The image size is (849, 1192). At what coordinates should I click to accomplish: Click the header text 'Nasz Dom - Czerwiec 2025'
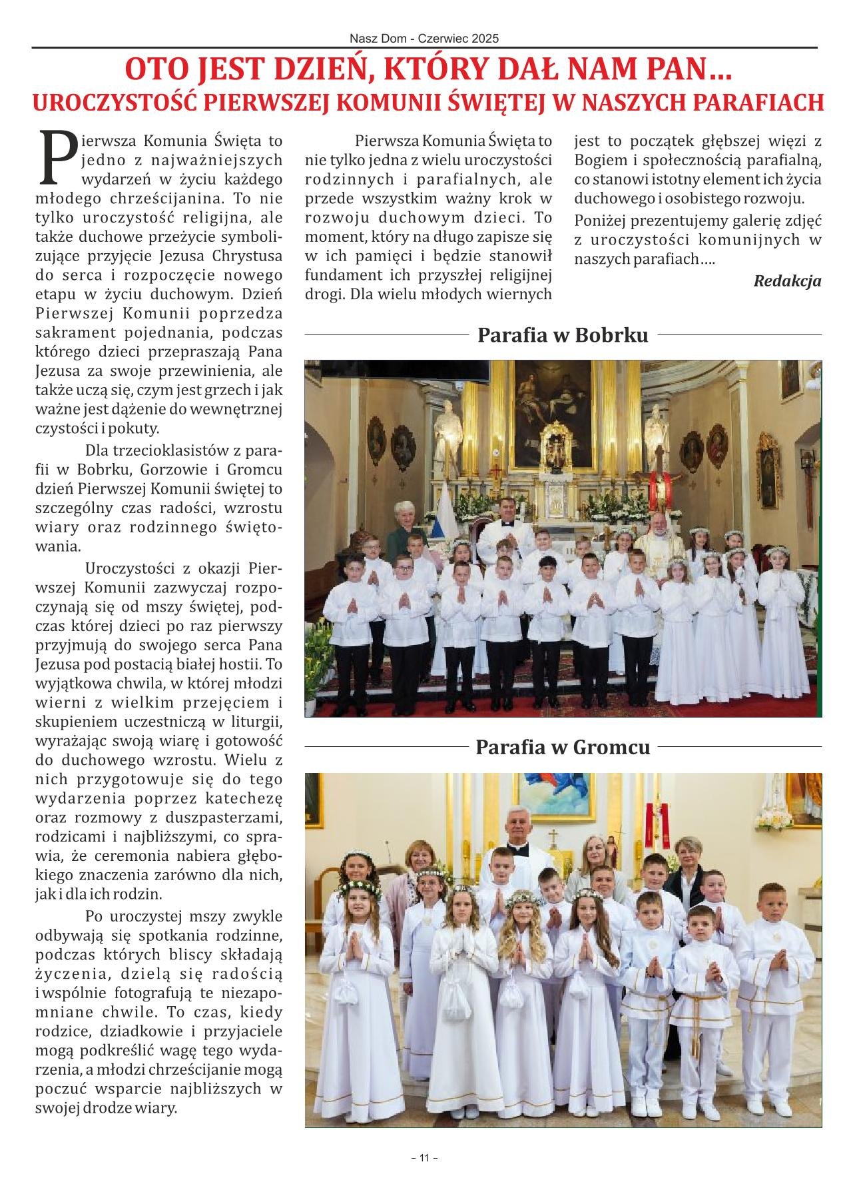(424, 39)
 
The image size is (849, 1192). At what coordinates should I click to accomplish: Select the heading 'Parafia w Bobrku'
(563, 334)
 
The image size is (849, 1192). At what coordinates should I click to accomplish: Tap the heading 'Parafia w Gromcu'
(563, 747)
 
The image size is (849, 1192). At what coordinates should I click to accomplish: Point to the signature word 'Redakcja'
(787, 281)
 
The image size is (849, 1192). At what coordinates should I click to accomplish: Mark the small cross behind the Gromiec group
(552, 836)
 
